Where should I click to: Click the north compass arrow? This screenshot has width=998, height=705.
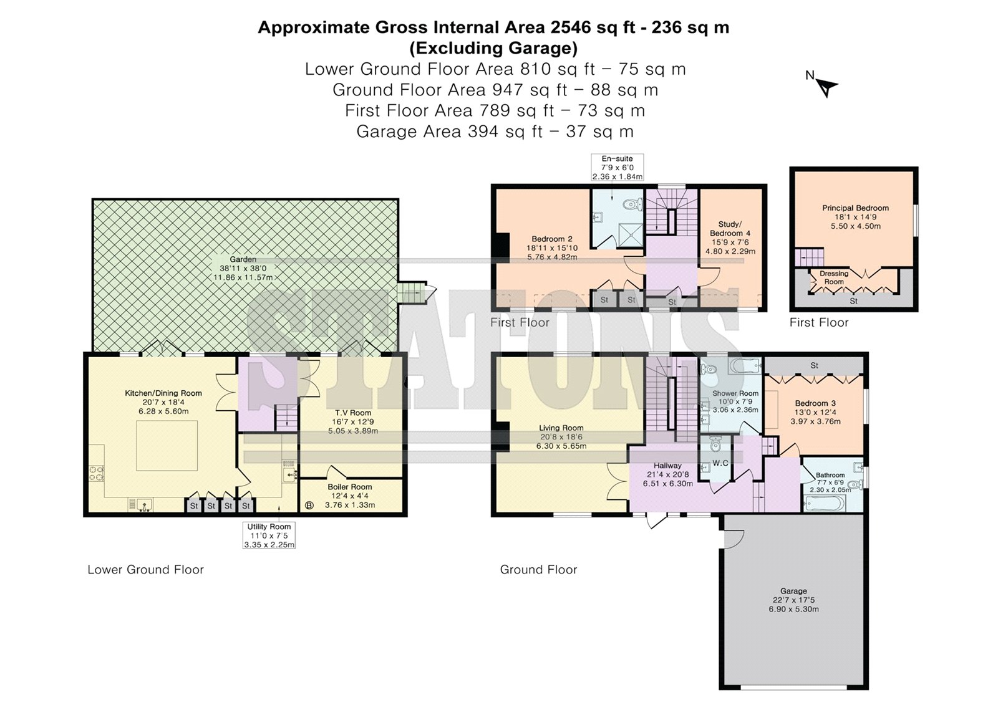tap(827, 88)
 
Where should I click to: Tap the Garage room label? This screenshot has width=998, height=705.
tap(793, 591)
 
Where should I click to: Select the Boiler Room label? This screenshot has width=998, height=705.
tap(350, 487)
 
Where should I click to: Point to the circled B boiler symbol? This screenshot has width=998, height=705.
tap(309, 505)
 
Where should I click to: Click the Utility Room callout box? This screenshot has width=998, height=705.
tap(269, 535)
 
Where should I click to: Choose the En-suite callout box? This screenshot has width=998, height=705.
tap(617, 168)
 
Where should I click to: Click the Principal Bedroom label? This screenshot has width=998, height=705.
tap(855, 208)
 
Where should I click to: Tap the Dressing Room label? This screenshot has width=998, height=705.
tap(834, 277)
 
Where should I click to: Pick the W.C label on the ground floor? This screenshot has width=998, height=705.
tap(720, 463)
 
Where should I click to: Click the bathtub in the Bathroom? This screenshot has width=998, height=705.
tap(824, 504)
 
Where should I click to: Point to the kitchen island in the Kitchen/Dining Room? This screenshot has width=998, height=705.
tap(167, 445)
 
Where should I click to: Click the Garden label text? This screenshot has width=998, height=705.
tap(243, 259)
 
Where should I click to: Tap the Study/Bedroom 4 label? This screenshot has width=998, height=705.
tap(730, 229)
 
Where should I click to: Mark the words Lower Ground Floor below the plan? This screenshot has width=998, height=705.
tap(145, 570)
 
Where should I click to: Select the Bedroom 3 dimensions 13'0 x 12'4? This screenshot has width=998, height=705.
tap(815, 413)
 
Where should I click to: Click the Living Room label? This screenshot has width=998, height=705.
tap(561, 428)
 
